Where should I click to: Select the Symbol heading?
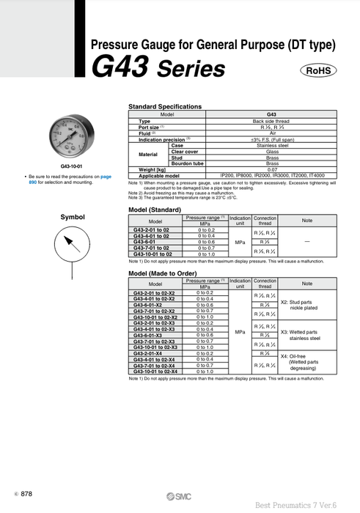[73, 217]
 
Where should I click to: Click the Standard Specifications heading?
[165, 106]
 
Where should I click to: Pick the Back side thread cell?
[271, 121]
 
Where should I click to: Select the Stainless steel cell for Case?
[271, 145]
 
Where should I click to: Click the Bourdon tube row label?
[187, 163]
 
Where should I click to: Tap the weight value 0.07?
[271, 169]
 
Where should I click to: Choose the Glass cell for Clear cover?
[271, 151]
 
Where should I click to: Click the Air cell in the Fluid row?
[271, 133]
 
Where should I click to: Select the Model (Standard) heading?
[160, 210]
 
